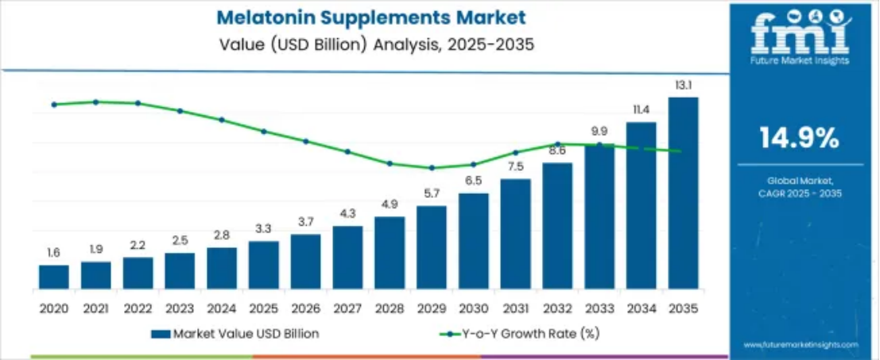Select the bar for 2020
coord(53,277)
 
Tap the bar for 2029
coord(432,247)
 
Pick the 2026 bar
coord(305,261)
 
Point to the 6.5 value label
coord(473,180)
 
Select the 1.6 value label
coord(53,253)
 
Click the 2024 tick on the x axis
coord(222,308)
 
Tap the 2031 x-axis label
coord(514,308)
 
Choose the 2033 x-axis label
coord(599,308)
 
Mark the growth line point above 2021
coord(95,102)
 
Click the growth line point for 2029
coord(432,168)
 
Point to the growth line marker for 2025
coord(264,131)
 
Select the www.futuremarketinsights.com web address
coord(801,344)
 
